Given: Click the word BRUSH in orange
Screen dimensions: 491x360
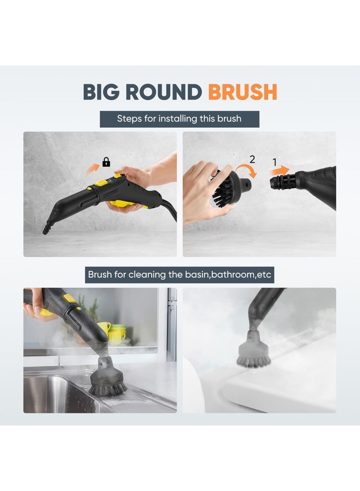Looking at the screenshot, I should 242,92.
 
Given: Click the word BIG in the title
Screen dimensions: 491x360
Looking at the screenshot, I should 102,92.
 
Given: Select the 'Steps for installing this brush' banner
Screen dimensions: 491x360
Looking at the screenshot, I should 179,119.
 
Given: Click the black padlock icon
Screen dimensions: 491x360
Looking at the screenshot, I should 106,162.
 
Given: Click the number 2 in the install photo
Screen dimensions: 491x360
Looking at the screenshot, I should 252,159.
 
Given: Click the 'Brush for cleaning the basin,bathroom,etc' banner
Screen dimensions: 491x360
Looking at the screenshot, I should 180,274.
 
